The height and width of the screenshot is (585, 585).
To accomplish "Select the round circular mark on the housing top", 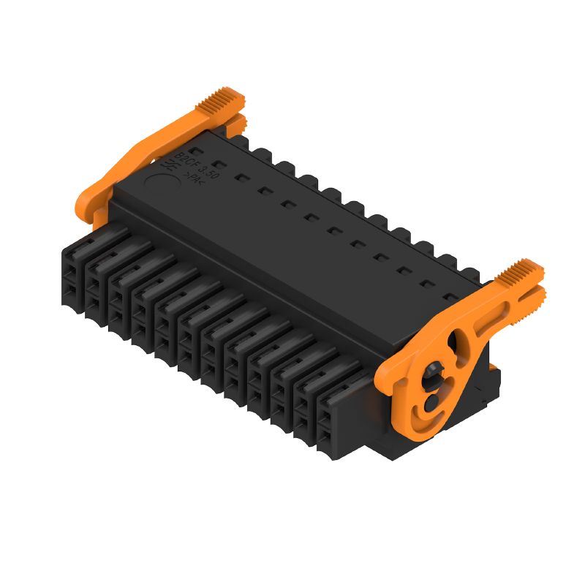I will (x=167, y=180).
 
